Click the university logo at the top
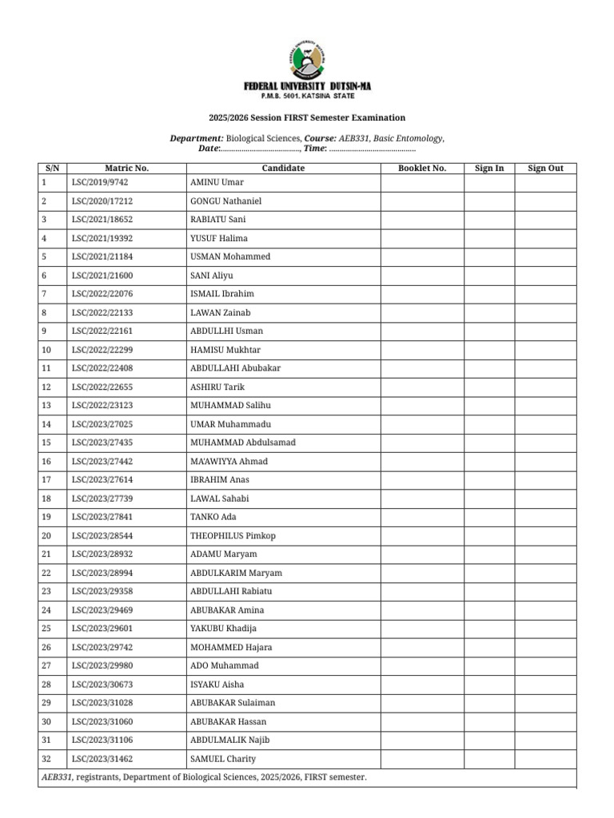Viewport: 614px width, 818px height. (x=306, y=58)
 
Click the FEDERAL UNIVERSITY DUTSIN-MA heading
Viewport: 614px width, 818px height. (x=307, y=86)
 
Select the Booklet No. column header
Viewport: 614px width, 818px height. (x=421, y=169)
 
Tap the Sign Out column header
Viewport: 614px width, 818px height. (x=545, y=169)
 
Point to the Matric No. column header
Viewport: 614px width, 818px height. (x=126, y=169)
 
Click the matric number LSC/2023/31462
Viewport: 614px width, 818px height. (x=102, y=759)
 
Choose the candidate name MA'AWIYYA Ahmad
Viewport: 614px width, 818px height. (x=229, y=462)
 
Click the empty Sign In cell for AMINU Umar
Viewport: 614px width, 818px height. (x=488, y=183)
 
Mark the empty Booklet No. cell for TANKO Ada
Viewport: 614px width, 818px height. (x=421, y=517)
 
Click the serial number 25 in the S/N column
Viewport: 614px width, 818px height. (x=46, y=629)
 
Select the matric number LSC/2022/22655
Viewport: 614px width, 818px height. (x=102, y=387)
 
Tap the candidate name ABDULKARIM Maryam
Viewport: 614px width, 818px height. (x=236, y=573)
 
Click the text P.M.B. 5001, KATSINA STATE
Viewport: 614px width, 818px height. (x=307, y=96)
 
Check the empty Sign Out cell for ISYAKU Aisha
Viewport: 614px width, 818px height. (x=545, y=685)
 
